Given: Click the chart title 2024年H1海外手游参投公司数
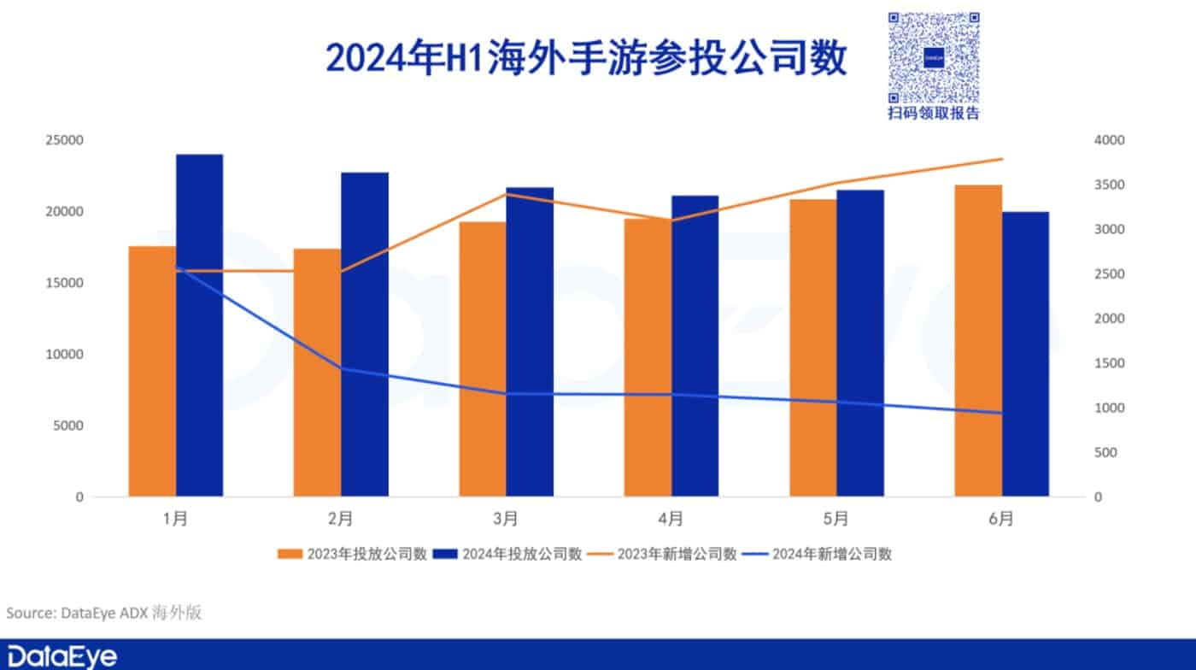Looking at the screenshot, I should (586, 58).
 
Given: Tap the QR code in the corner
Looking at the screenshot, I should (934, 58).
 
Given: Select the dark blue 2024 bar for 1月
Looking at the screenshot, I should (199, 325).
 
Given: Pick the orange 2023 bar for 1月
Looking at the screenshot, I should (152, 371).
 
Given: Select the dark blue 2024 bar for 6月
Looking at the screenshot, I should (1025, 354).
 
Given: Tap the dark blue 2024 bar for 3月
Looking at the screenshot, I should (530, 342).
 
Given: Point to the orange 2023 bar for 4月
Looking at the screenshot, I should (648, 357).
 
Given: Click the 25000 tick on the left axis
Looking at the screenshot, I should (64, 140).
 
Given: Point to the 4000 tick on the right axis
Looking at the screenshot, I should (1111, 140).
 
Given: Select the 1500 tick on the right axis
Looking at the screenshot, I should (1111, 363).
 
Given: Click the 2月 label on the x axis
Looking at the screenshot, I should (340, 519).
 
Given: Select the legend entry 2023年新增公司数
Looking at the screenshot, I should (664, 554).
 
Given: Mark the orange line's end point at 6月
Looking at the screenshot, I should (1001, 159).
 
